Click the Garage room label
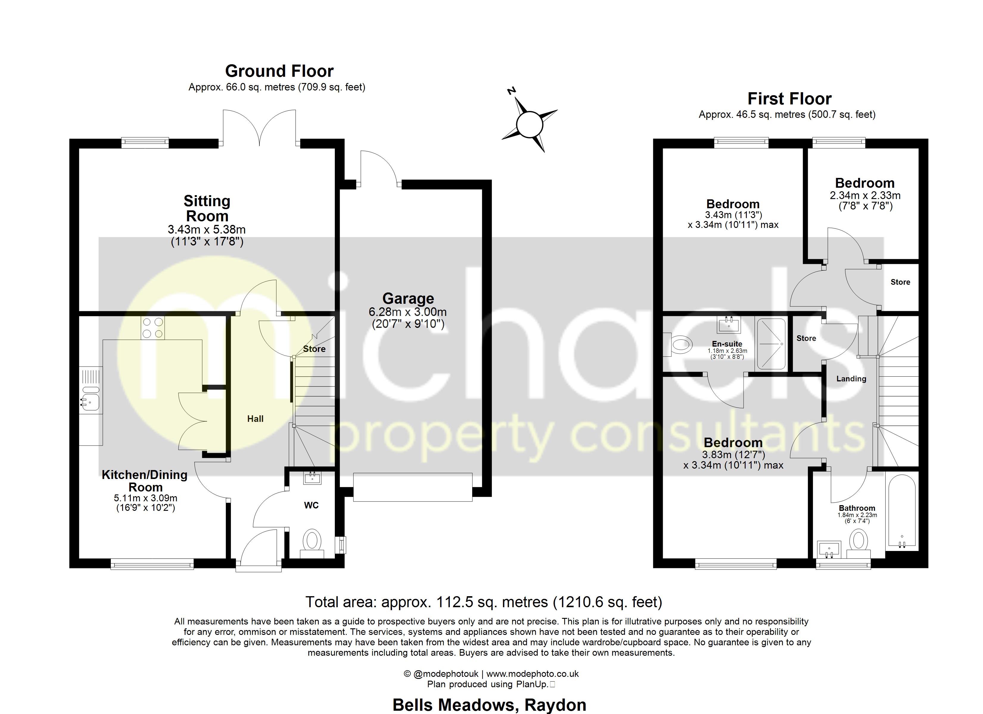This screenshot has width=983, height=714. (x=408, y=299)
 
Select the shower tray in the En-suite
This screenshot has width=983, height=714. (x=771, y=344)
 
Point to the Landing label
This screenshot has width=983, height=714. (x=851, y=379)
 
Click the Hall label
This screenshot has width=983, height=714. (x=255, y=419)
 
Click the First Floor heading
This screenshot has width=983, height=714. (x=789, y=99)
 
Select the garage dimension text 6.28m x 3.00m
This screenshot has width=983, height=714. (x=408, y=312)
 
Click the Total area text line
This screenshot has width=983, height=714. (x=484, y=602)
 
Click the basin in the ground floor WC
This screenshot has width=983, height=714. (x=312, y=478)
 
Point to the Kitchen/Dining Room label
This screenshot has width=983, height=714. (x=145, y=481)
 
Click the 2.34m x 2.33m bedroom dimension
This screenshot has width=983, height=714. (x=865, y=195)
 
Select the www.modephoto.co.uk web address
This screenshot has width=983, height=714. (x=532, y=674)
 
